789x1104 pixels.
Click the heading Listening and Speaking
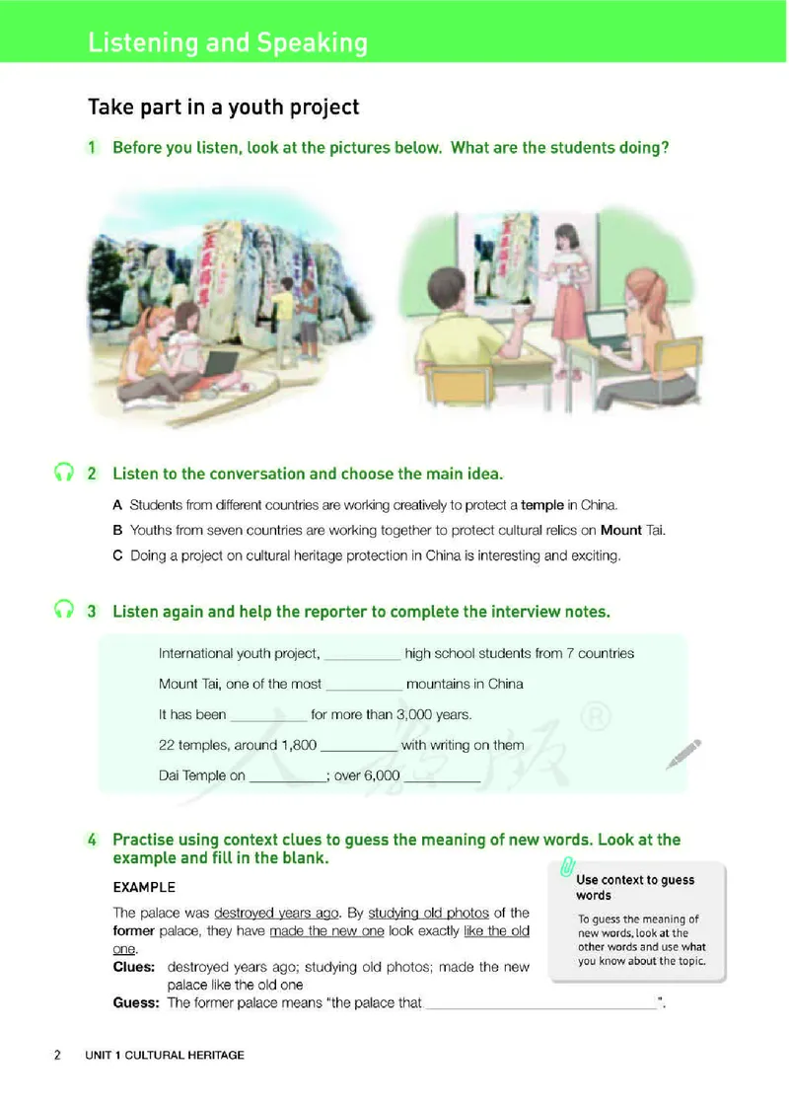pyautogui.click(x=228, y=43)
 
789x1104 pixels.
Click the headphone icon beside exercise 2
pyautogui.click(x=64, y=472)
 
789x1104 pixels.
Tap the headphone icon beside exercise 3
pyautogui.click(x=64, y=609)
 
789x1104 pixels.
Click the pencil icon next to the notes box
pyautogui.click(x=683, y=754)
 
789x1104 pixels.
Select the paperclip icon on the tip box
pyautogui.click(x=567, y=866)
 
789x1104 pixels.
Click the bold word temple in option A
pyautogui.click(x=542, y=505)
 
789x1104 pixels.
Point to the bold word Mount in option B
pyautogui.click(x=620, y=530)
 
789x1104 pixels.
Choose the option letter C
pyautogui.click(x=117, y=555)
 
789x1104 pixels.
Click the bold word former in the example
pyautogui.click(x=134, y=930)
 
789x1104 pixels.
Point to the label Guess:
pyautogui.click(x=136, y=1002)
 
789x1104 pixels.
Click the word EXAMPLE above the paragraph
pyautogui.click(x=144, y=887)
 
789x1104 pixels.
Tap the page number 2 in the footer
pyautogui.click(x=58, y=1055)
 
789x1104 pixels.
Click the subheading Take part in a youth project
pyautogui.click(x=223, y=107)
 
